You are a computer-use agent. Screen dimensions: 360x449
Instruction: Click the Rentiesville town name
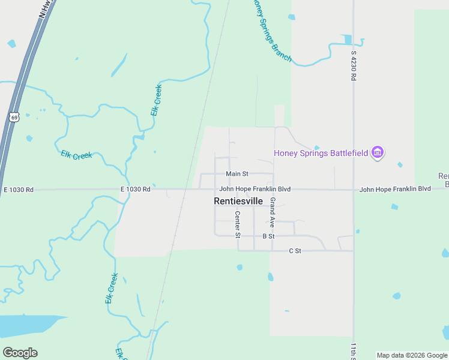click(x=238, y=202)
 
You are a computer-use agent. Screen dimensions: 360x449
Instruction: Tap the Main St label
click(x=237, y=174)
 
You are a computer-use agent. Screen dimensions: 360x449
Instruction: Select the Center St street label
click(x=238, y=222)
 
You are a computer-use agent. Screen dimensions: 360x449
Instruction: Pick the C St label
click(x=294, y=250)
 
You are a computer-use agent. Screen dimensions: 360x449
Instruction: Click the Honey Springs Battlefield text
click(x=321, y=153)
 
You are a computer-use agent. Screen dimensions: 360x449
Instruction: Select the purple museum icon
click(x=378, y=153)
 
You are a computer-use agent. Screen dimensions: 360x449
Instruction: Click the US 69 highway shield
click(x=14, y=116)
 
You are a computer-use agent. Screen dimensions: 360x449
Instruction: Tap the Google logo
click(x=20, y=353)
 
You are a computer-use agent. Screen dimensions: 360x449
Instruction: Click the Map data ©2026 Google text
click(x=412, y=355)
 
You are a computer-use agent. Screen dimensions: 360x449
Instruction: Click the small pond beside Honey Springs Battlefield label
click(x=316, y=148)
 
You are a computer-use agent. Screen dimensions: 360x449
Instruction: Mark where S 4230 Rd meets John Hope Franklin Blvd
click(x=354, y=190)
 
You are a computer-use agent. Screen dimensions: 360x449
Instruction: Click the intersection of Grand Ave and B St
click(x=273, y=236)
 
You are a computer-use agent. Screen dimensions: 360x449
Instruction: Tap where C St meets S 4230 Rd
click(x=353, y=251)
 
